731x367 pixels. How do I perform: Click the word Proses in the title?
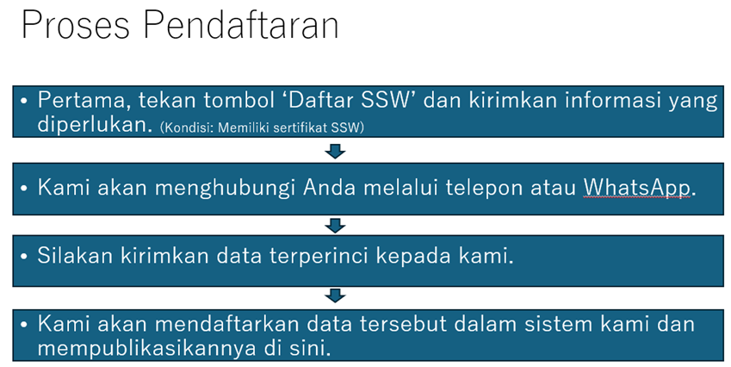point(75,25)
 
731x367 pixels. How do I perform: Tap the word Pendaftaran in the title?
point(240,24)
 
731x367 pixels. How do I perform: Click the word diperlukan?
point(95,125)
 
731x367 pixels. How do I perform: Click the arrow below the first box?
point(335,151)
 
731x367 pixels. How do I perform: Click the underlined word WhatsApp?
point(637,188)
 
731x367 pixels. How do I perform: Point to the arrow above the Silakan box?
point(335,226)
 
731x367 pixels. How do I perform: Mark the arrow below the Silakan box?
point(335,295)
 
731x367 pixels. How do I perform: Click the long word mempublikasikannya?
point(146,349)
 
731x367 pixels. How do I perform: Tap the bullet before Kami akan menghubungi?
point(24,188)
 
